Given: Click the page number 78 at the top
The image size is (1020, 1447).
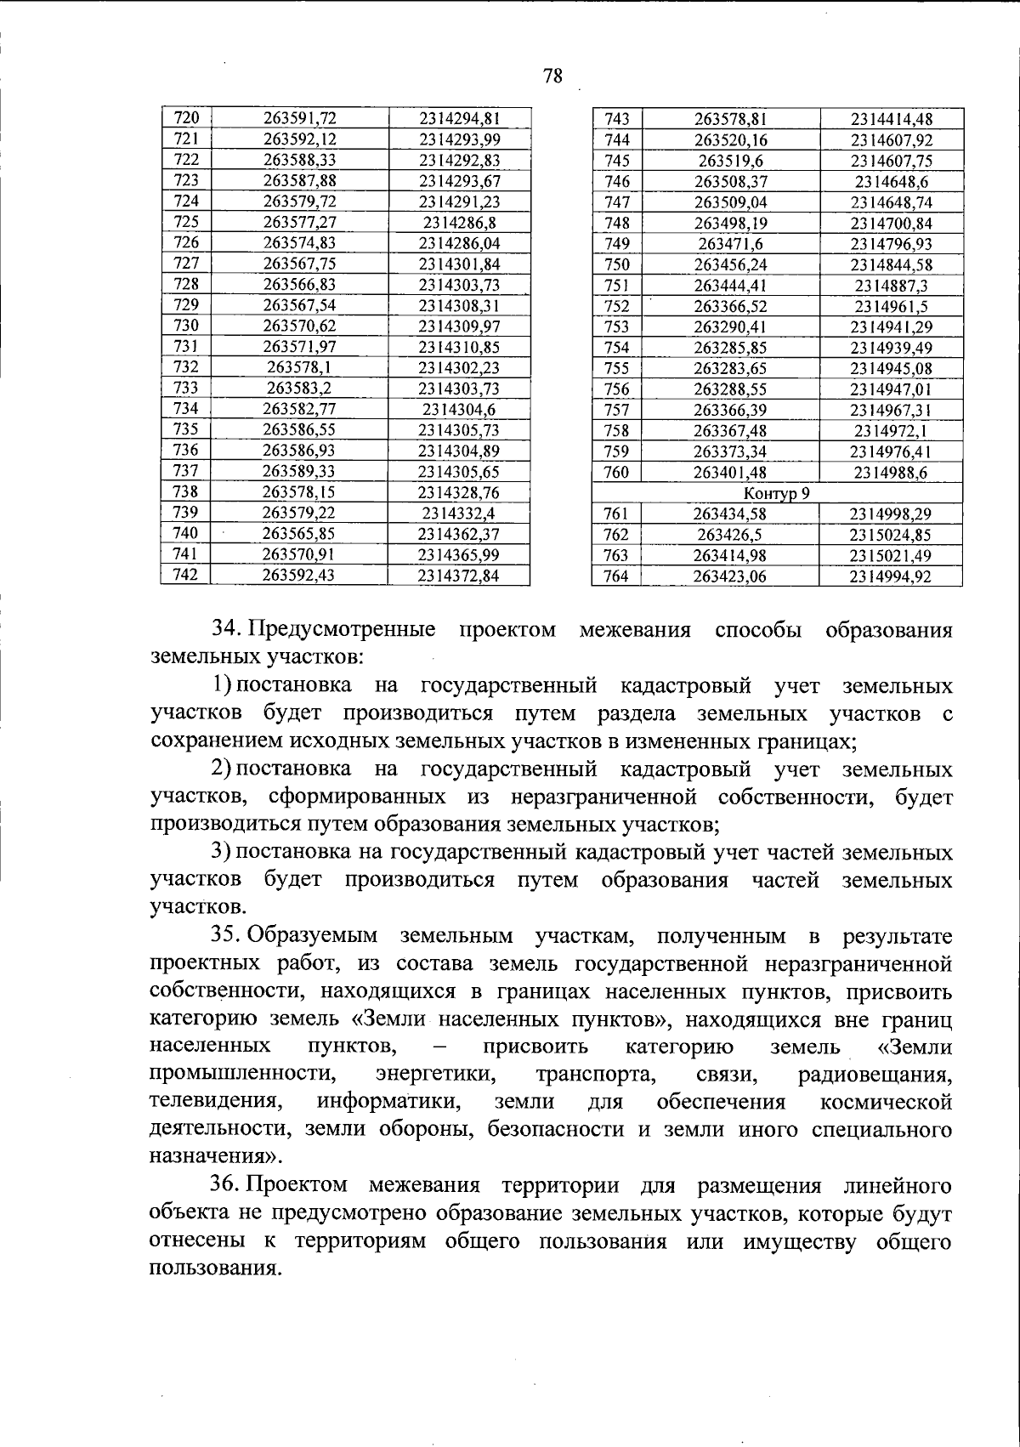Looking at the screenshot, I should (x=552, y=77).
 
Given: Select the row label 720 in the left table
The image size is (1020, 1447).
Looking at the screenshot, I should (x=185, y=118).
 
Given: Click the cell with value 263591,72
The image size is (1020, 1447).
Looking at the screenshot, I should (x=299, y=118).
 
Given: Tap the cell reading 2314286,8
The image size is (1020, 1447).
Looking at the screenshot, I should (x=459, y=222).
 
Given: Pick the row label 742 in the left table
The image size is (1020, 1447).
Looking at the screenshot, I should (x=185, y=575).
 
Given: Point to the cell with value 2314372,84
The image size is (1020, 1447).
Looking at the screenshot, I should (x=459, y=576).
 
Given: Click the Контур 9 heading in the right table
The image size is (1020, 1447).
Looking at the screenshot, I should (x=777, y=492).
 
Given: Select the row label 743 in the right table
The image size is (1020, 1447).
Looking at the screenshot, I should (x=616, y=120).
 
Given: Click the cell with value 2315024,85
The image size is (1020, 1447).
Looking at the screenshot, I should (x=891, y=535).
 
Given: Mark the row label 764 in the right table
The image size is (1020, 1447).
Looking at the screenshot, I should (x=616, y=576).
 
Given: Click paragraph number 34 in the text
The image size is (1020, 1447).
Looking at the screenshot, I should (x=227, y=630).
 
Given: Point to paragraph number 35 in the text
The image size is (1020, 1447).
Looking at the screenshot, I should (x=227, y=936).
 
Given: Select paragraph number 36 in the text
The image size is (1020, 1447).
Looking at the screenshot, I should (x=227, y=1185).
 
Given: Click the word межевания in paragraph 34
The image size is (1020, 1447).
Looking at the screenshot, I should (x=635, y=630).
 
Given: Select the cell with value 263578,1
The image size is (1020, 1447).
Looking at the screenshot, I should (x=299, y=367).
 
